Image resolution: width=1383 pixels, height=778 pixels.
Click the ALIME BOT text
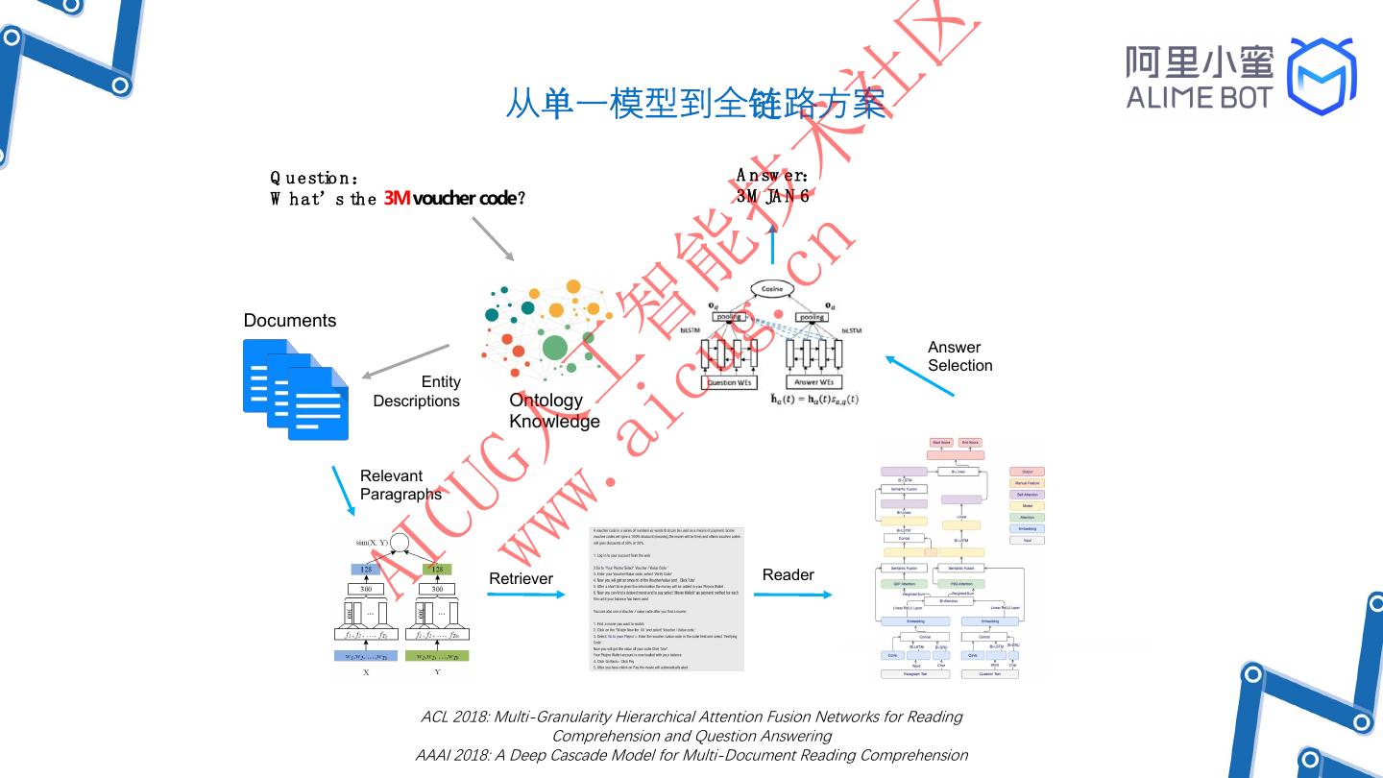click(1199, 97)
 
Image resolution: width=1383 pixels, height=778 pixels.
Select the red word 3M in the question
click(397, 198)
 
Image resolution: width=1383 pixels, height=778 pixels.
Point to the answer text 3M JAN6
click(772, 196)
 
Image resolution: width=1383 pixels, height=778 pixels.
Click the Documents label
click(290, 321)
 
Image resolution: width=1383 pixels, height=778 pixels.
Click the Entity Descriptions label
click(417, 392)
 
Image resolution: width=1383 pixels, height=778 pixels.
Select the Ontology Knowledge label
click(554, 411)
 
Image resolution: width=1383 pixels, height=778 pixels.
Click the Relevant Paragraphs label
click(400, 485)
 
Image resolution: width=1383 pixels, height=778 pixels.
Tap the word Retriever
click(521, 578)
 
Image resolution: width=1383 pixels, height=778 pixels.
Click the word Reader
click(788, 574)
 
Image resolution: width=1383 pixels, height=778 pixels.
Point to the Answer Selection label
click(959, 356)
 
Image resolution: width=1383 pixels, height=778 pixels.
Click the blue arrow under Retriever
click(526, 595)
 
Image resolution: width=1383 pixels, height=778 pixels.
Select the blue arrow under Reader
click(792, 595)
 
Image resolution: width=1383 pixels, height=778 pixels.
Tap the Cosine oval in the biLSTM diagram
click(772, 288)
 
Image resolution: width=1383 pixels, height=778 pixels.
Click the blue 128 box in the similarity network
click(366, 570)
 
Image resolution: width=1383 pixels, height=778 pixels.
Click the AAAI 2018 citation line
click(691, 755)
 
